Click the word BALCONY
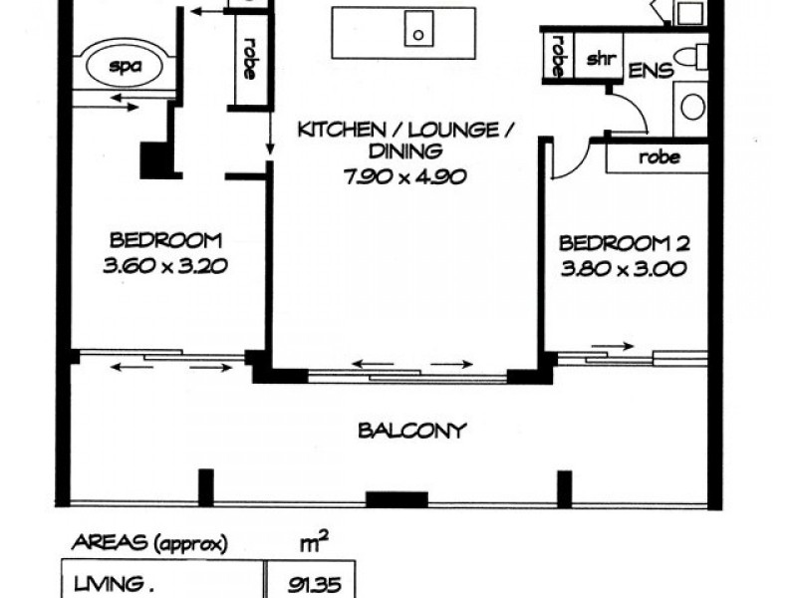(x=411, y=432)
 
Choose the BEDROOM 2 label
(x=625, y=243)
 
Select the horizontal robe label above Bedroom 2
(x=659, y=157)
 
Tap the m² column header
(x=315, y=542)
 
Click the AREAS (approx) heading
(x=150, y=544)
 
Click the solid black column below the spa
(x=154, y=160)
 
